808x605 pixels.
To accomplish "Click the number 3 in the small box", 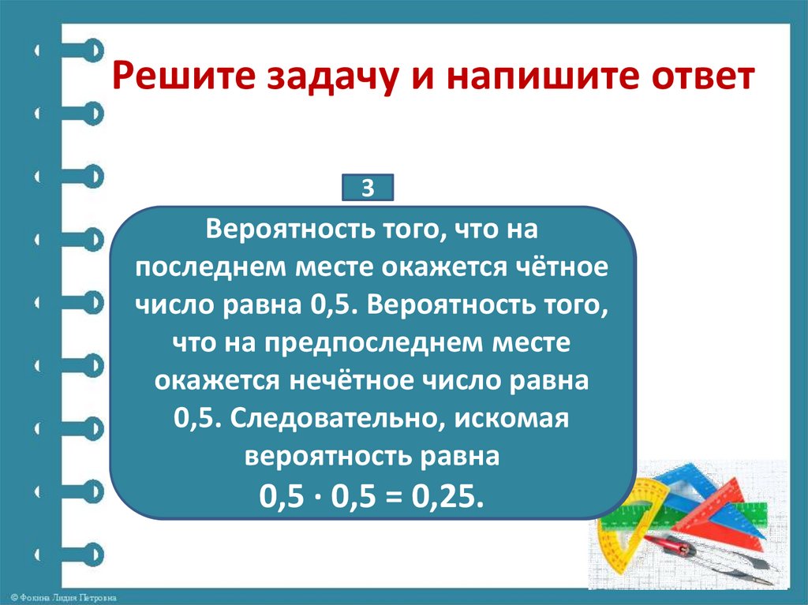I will point(366,189).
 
